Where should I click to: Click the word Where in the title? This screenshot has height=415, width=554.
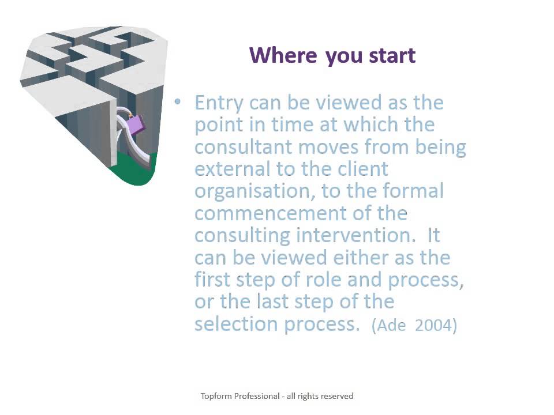coord(283,55)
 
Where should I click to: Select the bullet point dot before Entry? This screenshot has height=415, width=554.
coord(178,102)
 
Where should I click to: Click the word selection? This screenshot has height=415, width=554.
coord(236,324)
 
